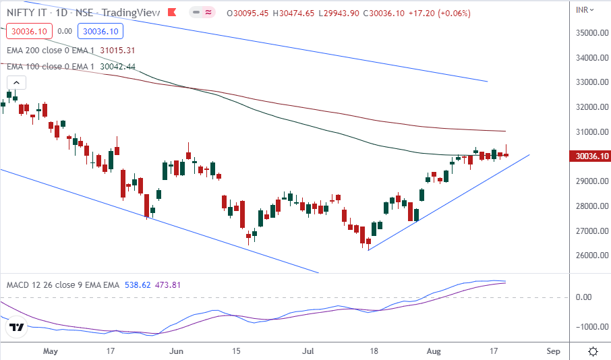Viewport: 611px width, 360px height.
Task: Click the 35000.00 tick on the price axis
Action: (587, 33)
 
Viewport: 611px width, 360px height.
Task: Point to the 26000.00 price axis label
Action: (587, 256)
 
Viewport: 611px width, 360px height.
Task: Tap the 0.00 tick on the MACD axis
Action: (584, 297)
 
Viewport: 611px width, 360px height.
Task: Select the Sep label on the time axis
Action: (554, 351)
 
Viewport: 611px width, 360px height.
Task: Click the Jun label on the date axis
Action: (177, 351)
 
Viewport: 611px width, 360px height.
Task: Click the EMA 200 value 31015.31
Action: (117, 50)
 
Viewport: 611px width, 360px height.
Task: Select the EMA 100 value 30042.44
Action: (117, 66)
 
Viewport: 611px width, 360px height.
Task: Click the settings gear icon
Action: (593, 351)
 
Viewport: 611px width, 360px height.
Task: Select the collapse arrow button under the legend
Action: (17, 83)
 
